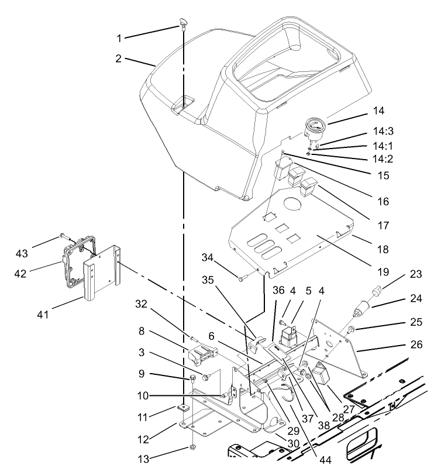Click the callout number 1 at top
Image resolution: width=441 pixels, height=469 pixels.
[x=119, y=39]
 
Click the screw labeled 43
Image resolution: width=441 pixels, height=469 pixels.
[x=62, y=237]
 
